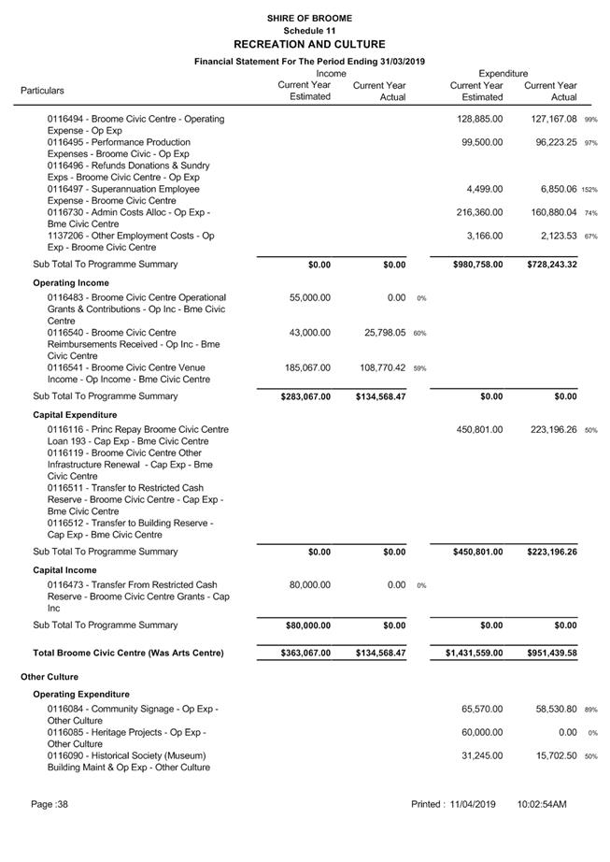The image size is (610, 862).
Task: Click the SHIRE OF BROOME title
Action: coord(308,18)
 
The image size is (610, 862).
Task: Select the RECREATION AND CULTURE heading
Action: coord(308,44)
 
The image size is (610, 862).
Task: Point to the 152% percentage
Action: coord(589,190)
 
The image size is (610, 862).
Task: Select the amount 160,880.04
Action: coord(551,212)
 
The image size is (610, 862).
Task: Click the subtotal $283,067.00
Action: coord(305,396)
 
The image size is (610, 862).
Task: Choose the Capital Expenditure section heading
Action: coord(75,414)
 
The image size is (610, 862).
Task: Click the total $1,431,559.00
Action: coord(474,653)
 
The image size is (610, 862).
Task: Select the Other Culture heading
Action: coord(50,676)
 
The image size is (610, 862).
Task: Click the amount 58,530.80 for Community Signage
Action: coord(551,711)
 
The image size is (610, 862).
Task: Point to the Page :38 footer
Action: coord(50,804)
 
